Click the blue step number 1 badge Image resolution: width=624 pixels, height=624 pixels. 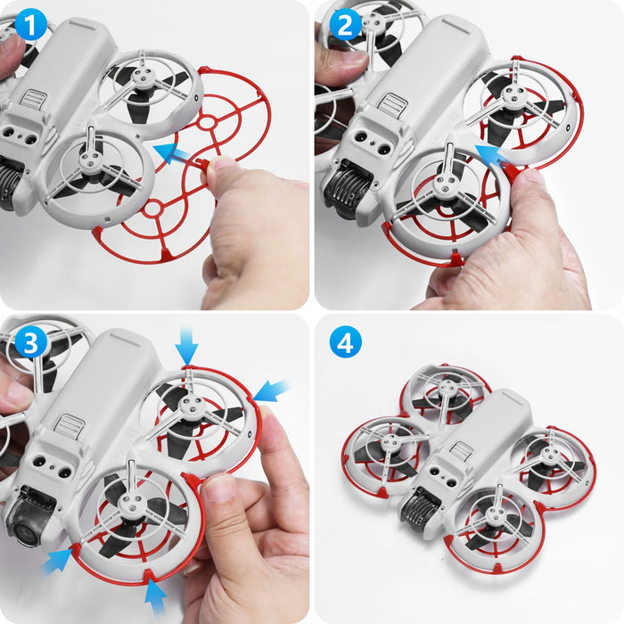tap(31, 26)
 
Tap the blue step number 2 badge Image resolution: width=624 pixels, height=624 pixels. tap(345, 26)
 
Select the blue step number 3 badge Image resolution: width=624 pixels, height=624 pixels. tap(31, 341)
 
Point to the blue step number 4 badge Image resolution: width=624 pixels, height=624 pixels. tap(345, 341)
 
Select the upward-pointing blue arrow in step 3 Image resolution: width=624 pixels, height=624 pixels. tap(156, 593)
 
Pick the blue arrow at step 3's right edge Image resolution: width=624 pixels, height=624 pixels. tap(273, 390)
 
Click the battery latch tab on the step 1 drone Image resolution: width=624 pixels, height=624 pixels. tap(33, 97)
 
